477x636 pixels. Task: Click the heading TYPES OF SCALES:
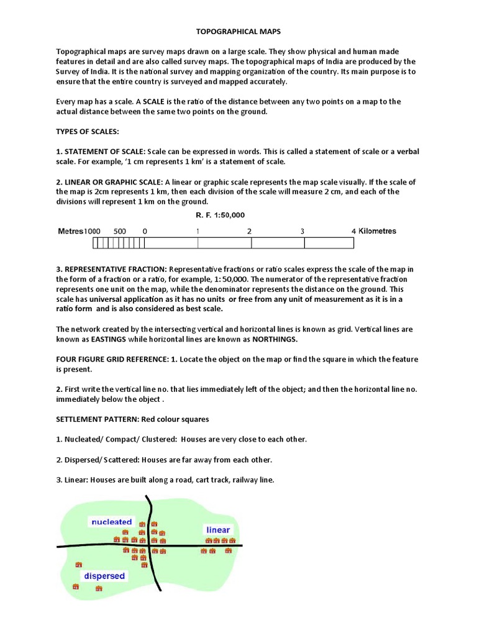[x=88, y=132]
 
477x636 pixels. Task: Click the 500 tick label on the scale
[x=120, y=231]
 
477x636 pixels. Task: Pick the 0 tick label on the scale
[x=145, y=231]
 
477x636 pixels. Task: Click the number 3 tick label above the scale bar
[x=302, y=231]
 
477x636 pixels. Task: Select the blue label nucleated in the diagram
[x=112, y=522]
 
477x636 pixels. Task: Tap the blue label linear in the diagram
[x=217, y=530]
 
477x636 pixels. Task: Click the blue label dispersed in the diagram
[x=104, y=576]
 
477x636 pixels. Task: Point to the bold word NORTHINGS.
[x=273, y=339]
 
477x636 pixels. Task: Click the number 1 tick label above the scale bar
[x=198, y=231]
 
